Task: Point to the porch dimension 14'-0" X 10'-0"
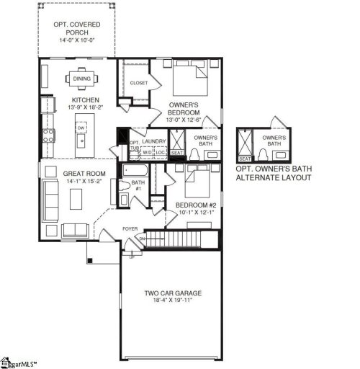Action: [x=77, y=40]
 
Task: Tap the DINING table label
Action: [x=81, y=80]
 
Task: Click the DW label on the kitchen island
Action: [x=81, y=128]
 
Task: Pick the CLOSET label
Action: [x=138, y=83]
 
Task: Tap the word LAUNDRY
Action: [x=154, y=142]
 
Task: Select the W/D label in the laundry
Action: [x=147, y=153]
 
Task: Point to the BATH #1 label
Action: [x=137, y=186]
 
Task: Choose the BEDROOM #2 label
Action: [x=192, y=205]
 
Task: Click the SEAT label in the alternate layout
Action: [x=244, y=159]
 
